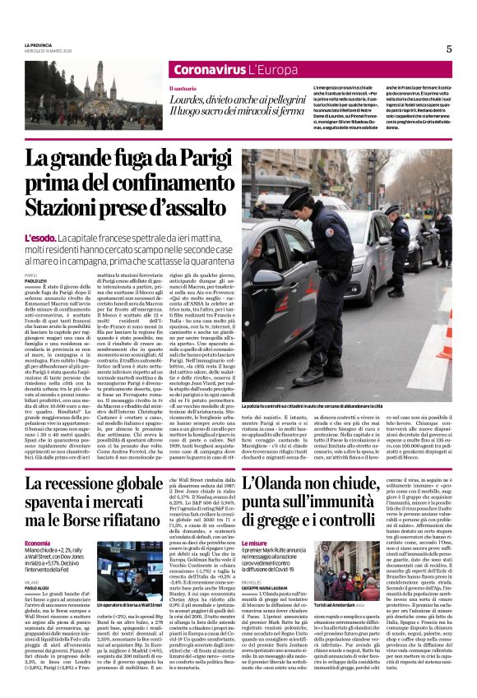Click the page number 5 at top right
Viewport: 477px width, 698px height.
click(449, 49)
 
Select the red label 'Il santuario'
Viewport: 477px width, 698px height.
click(183, 89)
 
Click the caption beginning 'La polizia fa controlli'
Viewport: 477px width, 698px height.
click(313, 406)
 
